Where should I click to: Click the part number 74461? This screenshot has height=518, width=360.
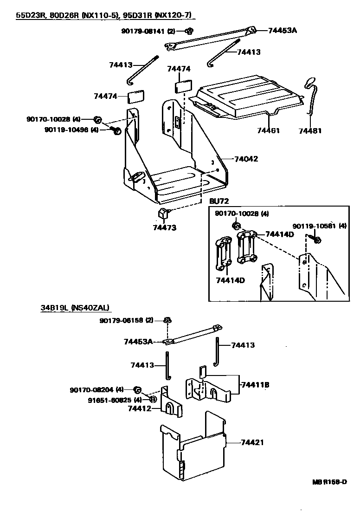[x=269, y=131]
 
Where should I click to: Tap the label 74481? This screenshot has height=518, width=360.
[x=310, y=131]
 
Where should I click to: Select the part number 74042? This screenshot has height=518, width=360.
[x=246, y=159]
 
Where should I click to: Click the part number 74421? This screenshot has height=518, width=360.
[x=252, y=442]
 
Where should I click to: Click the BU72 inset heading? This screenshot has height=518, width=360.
[x=219, y=201]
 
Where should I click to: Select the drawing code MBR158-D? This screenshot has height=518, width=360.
[x=329, y=482]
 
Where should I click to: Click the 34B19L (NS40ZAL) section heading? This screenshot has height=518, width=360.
[x=75, y=307]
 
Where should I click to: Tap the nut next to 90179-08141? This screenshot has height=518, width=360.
[x=189, y=32]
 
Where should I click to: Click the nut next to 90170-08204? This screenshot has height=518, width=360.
[x=138, y=389]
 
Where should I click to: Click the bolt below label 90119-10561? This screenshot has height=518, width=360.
[x=316, y=240]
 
